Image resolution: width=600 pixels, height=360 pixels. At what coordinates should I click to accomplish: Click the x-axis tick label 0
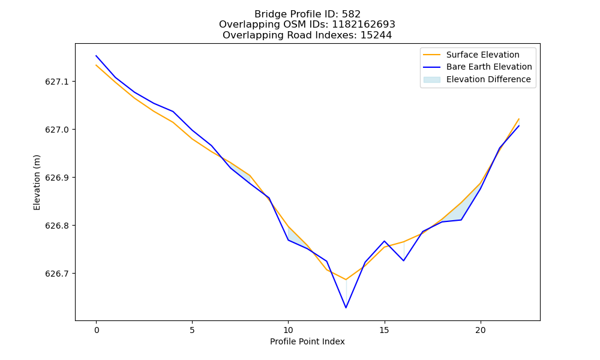coord(97,330)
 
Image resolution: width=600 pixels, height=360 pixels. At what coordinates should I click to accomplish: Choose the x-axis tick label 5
coord(192,330)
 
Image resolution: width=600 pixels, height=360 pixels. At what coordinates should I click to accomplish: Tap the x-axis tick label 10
coord(288,330)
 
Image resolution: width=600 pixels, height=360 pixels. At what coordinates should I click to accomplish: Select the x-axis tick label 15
coord(384,330)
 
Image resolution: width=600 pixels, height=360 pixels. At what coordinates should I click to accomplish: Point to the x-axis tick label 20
coord(480,330)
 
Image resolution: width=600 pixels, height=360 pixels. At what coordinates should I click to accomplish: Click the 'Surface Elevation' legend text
coord(482,55)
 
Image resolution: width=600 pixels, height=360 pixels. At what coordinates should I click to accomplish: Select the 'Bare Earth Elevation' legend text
coord(489,67)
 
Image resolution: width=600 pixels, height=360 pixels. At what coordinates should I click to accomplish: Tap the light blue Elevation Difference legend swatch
coord(431,80)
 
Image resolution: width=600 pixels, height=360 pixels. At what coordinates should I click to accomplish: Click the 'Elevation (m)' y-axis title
coord(37,182)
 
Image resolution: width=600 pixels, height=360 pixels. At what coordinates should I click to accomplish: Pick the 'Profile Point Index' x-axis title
coord(307,341)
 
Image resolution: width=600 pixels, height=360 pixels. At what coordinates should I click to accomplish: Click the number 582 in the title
coord(352,14)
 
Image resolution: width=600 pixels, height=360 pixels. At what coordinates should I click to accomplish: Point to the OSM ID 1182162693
coord(364,25)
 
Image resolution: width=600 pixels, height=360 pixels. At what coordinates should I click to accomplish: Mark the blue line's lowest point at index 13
coord(346,308)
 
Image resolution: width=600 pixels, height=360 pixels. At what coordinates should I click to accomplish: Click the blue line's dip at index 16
coord(404,260)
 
